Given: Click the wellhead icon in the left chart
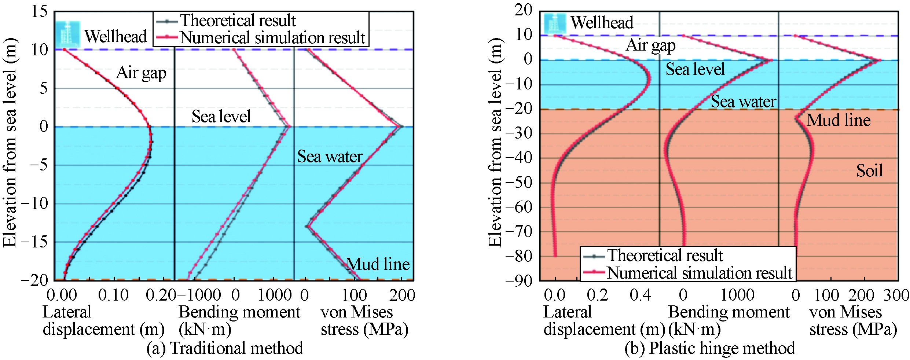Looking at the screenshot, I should pyautogui.click(x=68, y=34).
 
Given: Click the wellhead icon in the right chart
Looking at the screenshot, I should pyautogui.click(x=555, y=23).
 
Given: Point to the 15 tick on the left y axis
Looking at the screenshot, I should pyautogui.click(x=39, y=12).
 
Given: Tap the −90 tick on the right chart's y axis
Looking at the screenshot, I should pyautogui.click(x=518, y=281).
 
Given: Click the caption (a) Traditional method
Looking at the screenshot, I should pyautogui.click(x=224, y=348).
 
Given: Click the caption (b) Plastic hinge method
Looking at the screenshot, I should pyautogui.click(x=709, y=348).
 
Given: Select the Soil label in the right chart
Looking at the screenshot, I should pyautogui.click(x=869, y=171).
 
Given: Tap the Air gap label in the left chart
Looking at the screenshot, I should pyautogui.click(x=141, y=73).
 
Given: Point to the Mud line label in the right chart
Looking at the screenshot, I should pyautogui.click(x=839, y=120).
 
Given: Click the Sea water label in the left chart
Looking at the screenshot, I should pyautogui.click(x=330, y=157).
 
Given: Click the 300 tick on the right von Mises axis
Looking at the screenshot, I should pyautogui.click(x=896, y=295).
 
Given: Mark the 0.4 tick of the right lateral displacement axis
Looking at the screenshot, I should pyautogui.click(x=640, y=295).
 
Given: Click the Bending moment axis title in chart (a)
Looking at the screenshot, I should pyautogui.click(x=239, y=320).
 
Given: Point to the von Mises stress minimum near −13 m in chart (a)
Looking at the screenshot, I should pyautogui.click(x=307, y=226).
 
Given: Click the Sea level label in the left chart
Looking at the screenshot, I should pyautogui.click(x=221, y=117).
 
